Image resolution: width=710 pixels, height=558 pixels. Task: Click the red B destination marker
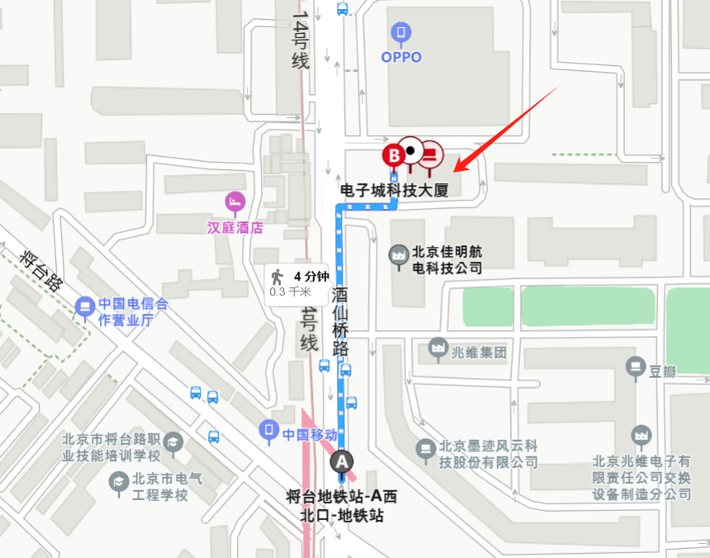394,154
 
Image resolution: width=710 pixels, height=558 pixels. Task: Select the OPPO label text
401,57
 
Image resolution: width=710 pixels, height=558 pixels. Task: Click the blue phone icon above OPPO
401,32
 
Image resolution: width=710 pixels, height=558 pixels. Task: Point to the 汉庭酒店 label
235,227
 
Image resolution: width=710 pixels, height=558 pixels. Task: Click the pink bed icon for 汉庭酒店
235,201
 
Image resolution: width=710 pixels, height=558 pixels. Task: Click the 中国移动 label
310,434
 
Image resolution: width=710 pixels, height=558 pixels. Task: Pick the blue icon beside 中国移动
269,430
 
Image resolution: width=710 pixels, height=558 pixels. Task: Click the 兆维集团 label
478,352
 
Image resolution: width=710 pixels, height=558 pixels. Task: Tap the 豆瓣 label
663,371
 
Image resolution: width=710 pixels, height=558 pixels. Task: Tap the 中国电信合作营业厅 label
132,312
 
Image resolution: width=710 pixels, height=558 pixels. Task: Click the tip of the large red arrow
456,172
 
